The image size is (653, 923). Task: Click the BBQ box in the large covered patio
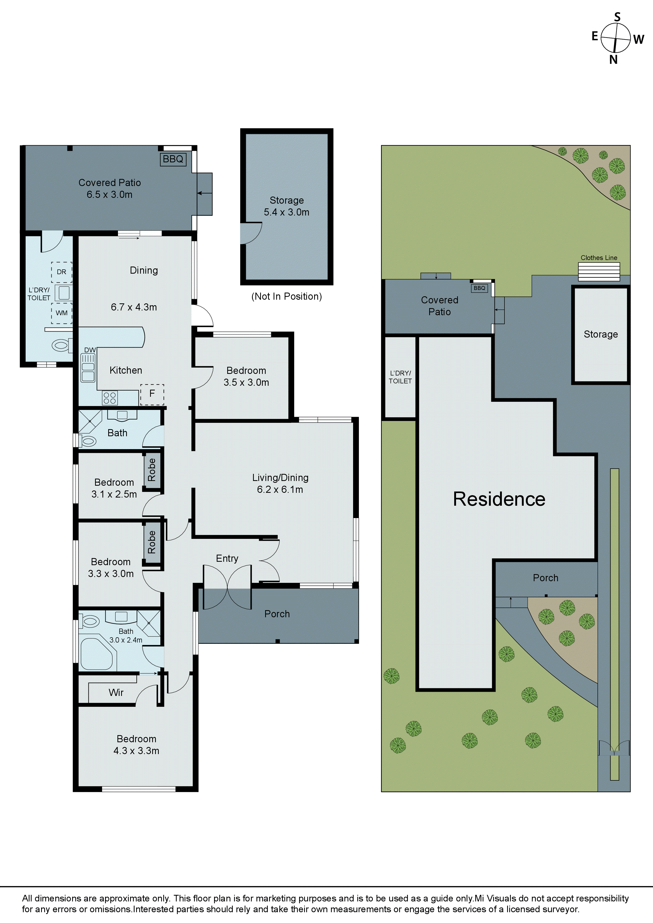coord(173,159)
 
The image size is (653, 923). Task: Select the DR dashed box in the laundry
coord(62,272)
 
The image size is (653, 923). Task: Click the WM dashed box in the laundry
coord(62,313)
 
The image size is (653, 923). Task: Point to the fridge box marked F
coord(152,394)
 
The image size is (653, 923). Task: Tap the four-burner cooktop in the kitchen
coord(110,398)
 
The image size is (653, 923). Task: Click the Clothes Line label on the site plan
coord(599,258)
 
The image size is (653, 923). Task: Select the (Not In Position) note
coord(286,296)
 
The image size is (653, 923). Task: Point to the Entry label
coord(227,558)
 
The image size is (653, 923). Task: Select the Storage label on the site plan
coord(601,334)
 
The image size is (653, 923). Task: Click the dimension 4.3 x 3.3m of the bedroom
coord(136,751)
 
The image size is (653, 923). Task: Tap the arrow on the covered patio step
coord(204,193)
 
